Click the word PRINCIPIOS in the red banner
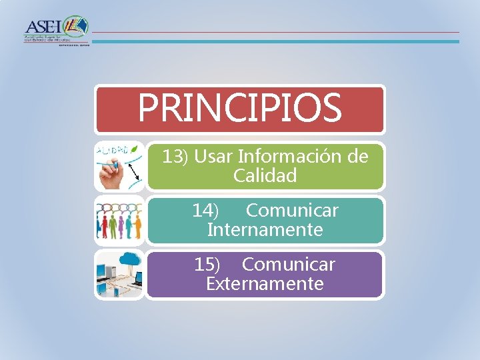[x=239, y=108]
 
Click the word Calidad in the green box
[x=265, y=176]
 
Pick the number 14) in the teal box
[x=205, y=211]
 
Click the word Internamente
[x=265, y=230]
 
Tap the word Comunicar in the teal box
[x=292, y=211]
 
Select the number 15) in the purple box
[x=207, y=265]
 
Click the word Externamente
[x=265, y=284]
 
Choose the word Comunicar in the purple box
[x=288, y=265]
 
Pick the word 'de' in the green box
[x=358, y=157]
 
